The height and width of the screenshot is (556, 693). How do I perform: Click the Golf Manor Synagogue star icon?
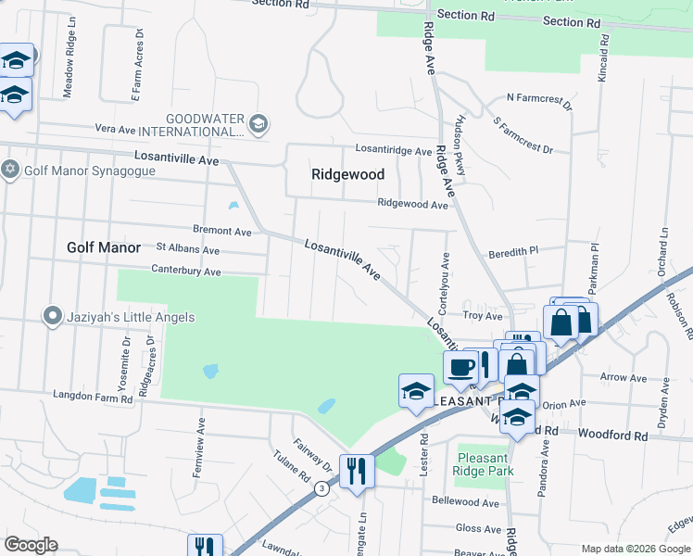click(x=10, y=170)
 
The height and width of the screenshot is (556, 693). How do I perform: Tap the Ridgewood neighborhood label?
click(x=347, y=174)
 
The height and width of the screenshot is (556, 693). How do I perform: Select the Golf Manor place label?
click(x=104, y=247)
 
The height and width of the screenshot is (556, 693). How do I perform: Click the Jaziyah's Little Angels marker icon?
click(x=51, y=317)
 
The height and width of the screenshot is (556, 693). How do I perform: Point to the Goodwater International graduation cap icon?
click(x=258, y=123)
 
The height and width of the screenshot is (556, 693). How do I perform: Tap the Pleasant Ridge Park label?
click(x=482, y=464)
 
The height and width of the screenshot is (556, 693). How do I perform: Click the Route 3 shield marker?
click(x=320, y=489)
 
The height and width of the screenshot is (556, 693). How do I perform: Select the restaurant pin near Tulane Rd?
click(x=356, y=470)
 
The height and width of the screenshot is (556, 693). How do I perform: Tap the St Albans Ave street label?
click(x=188, y=249)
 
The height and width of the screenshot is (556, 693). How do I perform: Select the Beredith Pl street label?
click(x=514, y=251)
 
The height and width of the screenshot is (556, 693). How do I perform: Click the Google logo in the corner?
click(x=30, y=545)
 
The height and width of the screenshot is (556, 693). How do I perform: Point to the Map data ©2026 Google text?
click(x=636, y=549)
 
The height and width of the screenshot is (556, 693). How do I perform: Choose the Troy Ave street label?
click(x=483, y=316)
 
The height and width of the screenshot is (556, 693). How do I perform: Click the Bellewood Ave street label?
click(x=465, y=501)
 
